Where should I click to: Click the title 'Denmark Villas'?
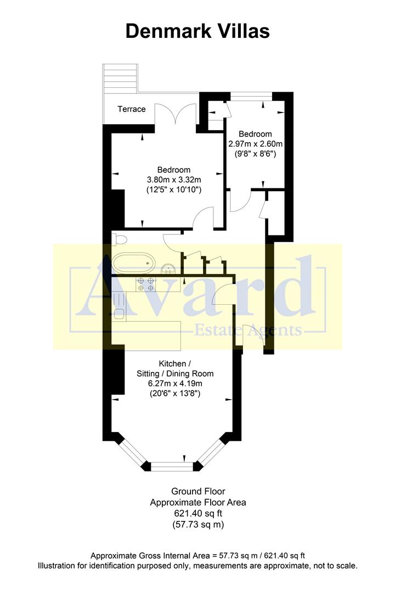tap(198, 31)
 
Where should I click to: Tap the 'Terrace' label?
tap(132, 109)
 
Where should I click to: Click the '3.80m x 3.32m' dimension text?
tap(174, 180)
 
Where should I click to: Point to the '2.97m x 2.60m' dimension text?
tap(256, 144)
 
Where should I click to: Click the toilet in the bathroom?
tap(119, 239)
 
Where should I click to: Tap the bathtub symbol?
tap(133, 263)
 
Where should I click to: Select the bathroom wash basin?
tap(168, 268)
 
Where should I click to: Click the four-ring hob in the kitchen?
tap(145, 284)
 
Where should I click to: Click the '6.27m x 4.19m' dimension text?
tap(175, 383)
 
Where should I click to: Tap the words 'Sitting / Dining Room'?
tap(175, 373)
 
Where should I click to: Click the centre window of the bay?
tap(173, 467)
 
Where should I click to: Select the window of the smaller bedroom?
tap(251, 97)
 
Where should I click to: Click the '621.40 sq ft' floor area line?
tap(198, 513)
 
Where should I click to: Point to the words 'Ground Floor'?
tap(198, 491)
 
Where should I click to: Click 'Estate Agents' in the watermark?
tap(248, 330)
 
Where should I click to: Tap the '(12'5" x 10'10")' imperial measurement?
tap(174, 190)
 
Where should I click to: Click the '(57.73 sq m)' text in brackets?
tap(198, 524)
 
